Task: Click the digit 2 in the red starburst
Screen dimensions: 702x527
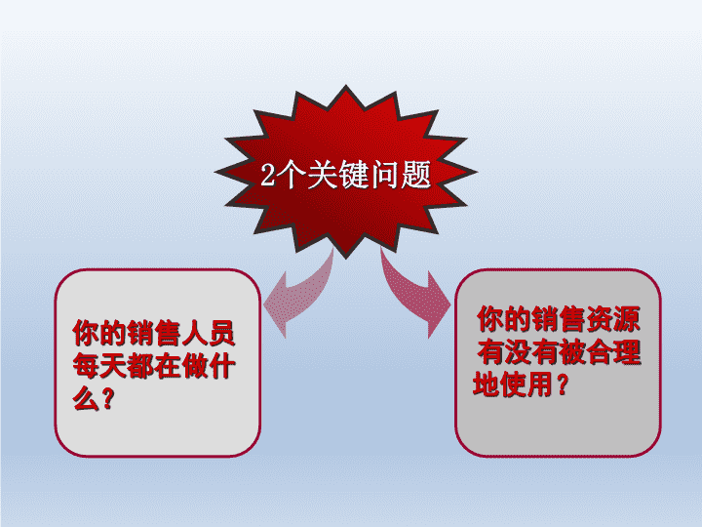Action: click(268, 174)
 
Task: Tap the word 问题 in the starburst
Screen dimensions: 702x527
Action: click(401, 174)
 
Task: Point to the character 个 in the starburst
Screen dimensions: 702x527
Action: click(291, 174)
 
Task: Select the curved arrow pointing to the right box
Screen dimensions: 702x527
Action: click(414, 292)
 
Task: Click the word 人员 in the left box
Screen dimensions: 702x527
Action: click(208, 333)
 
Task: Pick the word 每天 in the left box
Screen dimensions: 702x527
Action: click(99, 366)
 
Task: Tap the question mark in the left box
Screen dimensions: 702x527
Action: click(107, 398)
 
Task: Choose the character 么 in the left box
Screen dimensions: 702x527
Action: click(86, 398)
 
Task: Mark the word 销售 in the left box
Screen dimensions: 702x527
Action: click(154, 333)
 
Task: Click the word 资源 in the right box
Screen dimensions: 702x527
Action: click(613, 319)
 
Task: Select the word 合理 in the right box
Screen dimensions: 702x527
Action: click(613, 352)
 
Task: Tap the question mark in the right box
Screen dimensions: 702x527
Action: click(563, 385)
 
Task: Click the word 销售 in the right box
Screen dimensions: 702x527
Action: click(559, 319)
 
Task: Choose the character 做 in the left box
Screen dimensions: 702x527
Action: click(194, 366)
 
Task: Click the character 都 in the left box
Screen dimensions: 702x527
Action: click(140, 366)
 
